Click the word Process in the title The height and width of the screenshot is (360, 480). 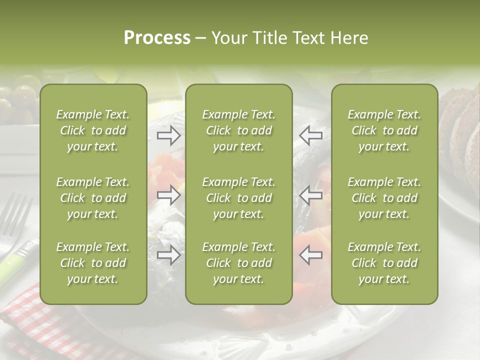point(157,38)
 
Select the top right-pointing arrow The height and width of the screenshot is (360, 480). point(169,135)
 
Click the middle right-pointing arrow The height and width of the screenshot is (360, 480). point(169,195)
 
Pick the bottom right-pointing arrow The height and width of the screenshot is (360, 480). point(169,255)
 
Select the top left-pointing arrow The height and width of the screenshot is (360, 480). point(311,135)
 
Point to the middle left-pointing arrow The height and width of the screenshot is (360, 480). point(311,195)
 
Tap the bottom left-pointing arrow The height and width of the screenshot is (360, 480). point(311,255)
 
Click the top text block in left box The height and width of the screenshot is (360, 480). point(93,130)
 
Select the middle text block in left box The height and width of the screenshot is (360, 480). point(93,198)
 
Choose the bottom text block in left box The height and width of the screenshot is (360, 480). point(93,263)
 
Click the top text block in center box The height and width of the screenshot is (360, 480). point(238,130)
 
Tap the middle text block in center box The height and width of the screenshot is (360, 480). point(238,198)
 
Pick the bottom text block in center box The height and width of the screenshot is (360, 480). point(238,263)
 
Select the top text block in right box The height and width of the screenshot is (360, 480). point(384,130)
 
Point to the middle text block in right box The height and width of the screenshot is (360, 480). point(384,198)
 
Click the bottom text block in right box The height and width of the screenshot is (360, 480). point(384,263)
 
